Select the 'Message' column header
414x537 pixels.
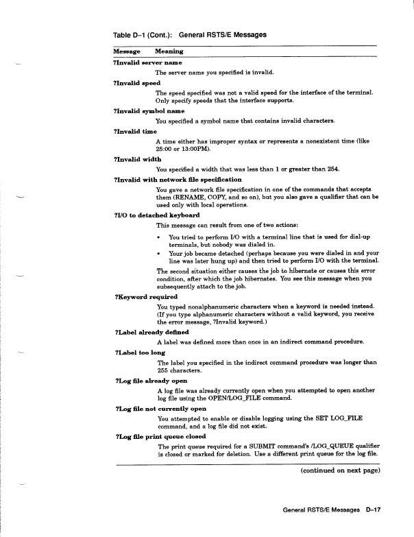pos(127,51)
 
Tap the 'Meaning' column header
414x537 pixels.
pos(169,51)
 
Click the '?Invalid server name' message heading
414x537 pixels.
pos(147,62)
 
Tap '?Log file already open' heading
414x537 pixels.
pos(152,380)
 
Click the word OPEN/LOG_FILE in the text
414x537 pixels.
pos(231,398)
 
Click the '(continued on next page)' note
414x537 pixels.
pos(340,470)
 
